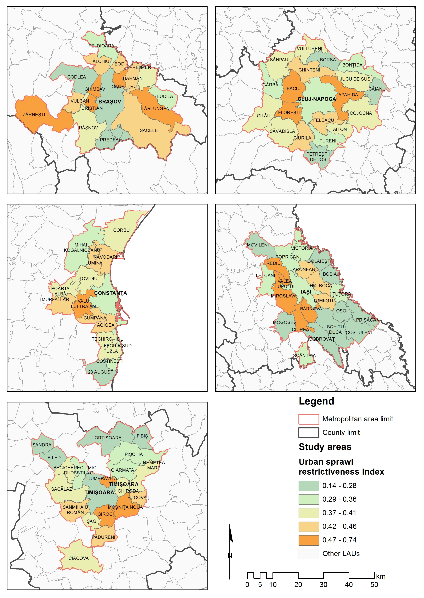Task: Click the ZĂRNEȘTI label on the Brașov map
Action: click(x=34, y=114)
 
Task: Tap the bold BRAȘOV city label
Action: click(x=110, y=102)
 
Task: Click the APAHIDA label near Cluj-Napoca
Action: click(x=348, y=95)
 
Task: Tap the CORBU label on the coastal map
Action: click(x=121, y=230)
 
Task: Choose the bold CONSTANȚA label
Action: click(x=110, y=293)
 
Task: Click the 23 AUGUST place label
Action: click(x=100, y=372)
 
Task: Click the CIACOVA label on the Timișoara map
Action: click(x=79, y=558)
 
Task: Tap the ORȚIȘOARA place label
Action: click(x=108, y=438)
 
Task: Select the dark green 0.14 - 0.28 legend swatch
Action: click(x=309, y=486)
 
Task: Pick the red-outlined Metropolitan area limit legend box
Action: click(x=309, y=419)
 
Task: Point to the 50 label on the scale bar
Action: click(x=374, y=585)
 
